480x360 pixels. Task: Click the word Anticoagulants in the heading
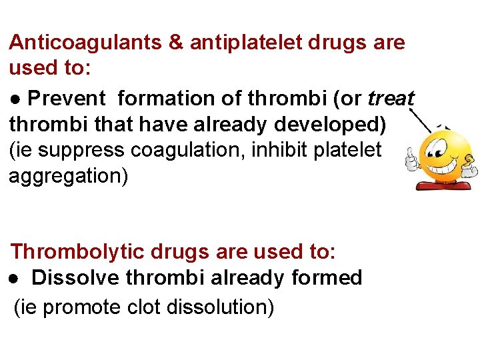86,43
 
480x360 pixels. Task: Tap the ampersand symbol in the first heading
176,43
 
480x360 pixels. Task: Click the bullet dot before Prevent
15,99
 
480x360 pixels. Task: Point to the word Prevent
67,99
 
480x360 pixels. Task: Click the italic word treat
391,99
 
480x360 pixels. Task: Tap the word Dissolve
74,278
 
